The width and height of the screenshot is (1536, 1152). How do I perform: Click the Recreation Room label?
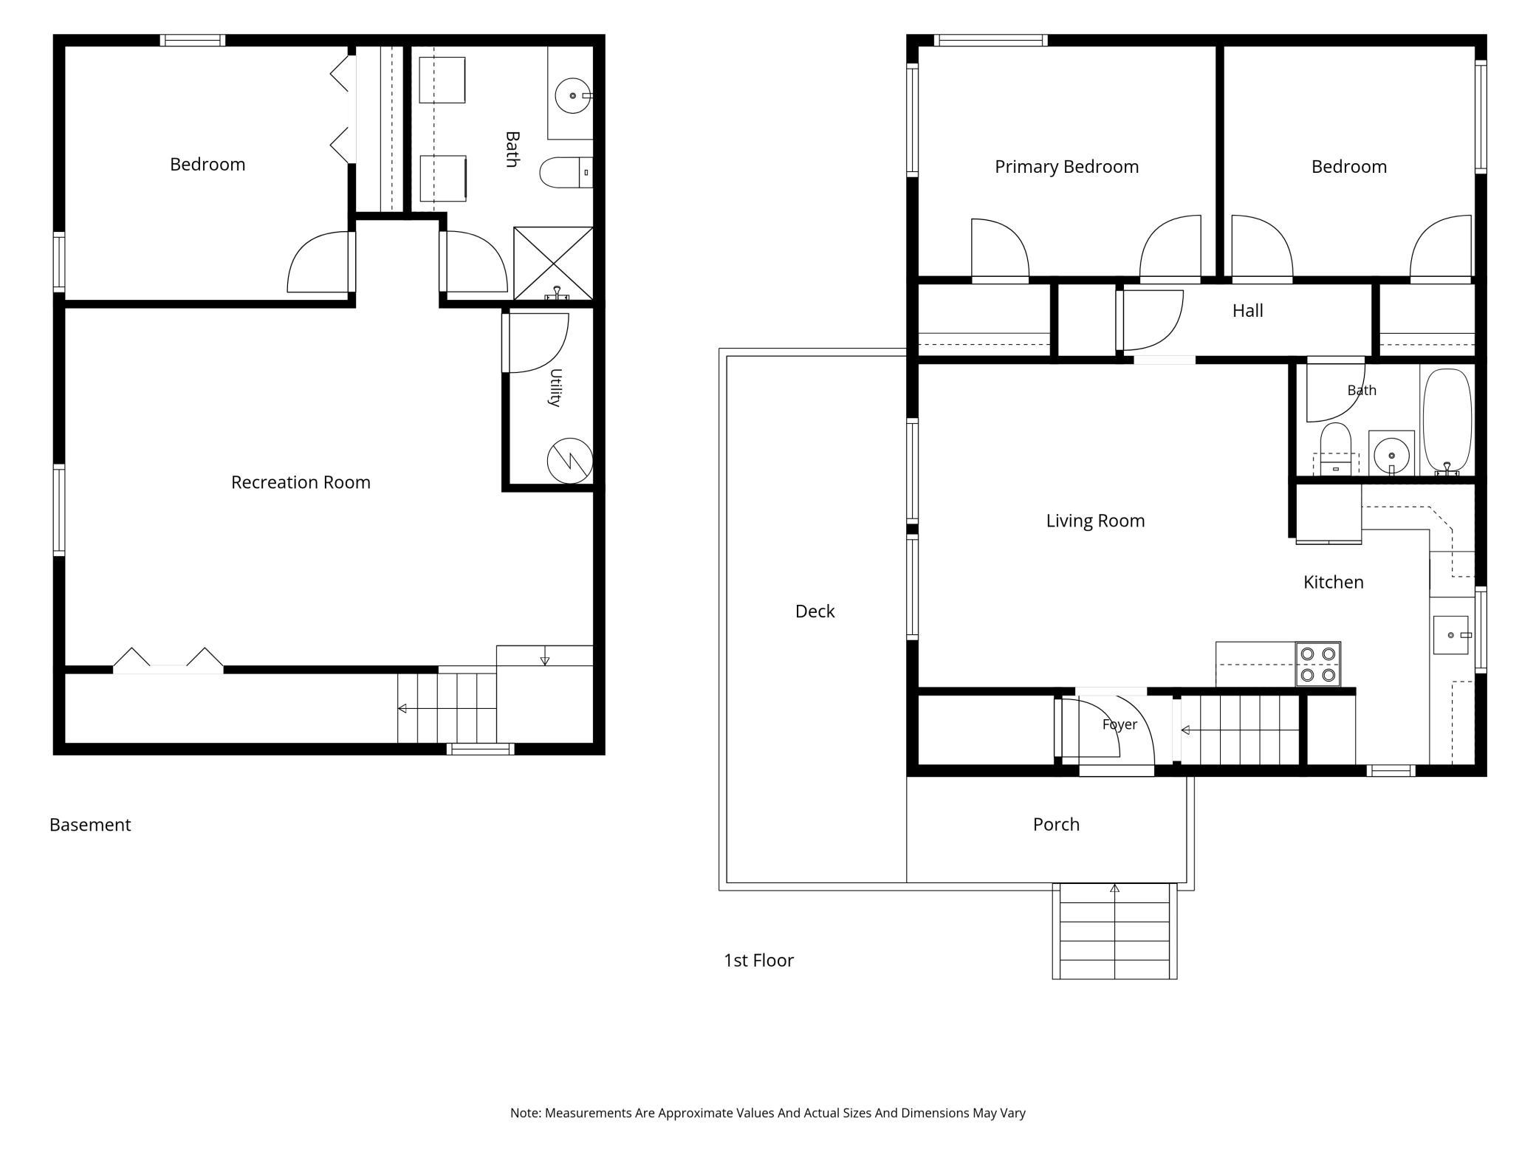(301, 482)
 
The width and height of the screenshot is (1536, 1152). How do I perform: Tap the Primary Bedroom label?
(1066, 167)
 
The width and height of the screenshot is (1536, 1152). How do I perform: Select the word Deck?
(815, 611)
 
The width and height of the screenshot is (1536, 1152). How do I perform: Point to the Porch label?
(1056, 824)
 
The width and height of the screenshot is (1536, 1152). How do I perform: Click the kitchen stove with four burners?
(1318, 664)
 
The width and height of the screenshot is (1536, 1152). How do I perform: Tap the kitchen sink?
(1451, 635)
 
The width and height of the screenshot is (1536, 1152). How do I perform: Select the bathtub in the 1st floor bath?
(1447, 422)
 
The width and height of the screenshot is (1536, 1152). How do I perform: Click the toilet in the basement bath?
(566, 173)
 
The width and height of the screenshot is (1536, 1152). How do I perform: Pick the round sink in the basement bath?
(573, 95)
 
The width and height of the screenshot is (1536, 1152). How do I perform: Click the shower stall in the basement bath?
(553, 263)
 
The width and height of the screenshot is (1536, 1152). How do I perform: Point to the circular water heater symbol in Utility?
(569, 461)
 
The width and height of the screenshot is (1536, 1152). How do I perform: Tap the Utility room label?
(555, 388)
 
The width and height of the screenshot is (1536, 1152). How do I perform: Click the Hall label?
(1247, 311)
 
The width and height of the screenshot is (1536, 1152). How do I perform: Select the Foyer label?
(1120, 724)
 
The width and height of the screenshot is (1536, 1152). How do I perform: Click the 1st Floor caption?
(758, 960)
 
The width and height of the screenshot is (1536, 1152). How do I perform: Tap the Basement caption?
(90, 825)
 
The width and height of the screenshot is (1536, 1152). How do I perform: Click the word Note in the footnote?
(525, 1113)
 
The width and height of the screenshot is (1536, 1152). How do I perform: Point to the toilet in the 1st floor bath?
(1335, 449)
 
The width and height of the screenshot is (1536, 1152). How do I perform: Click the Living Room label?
(1095, 521)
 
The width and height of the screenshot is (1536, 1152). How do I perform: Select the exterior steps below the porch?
(1114, 931)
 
